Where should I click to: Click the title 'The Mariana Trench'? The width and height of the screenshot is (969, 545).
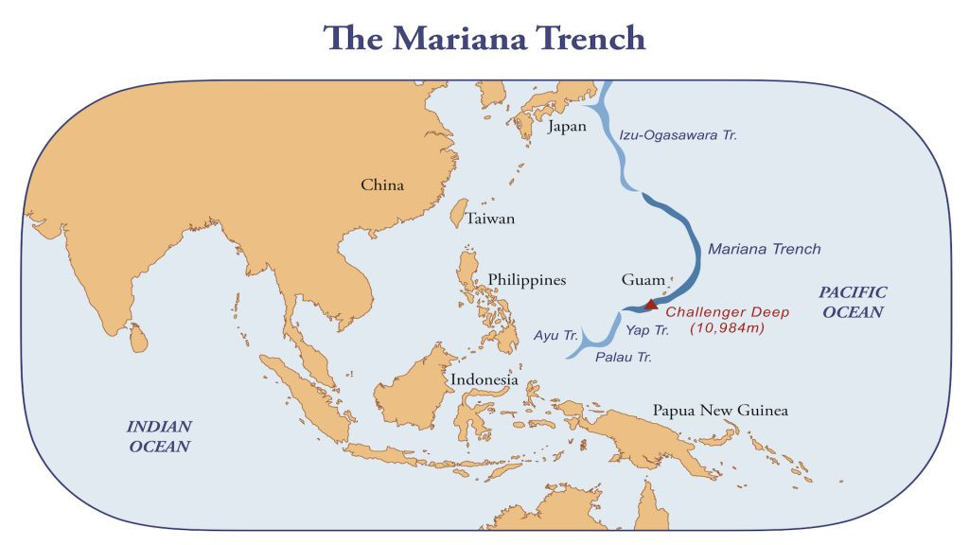tap(484, 37)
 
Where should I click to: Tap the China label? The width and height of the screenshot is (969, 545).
tap(382, 185)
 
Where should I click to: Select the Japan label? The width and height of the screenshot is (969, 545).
tap(566, 126)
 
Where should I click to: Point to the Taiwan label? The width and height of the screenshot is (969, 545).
tap(490, 219)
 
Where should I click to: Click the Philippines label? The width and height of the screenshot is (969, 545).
tap(527, 280)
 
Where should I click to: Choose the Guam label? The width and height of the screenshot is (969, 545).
tap(643, 280)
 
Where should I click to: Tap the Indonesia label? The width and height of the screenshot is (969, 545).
tap(484, 379)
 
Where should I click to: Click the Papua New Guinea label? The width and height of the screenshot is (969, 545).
tap(720, 411)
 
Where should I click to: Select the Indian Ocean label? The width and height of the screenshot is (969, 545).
tap(159, 436)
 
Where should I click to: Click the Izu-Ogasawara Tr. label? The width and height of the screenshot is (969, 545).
tap(678, 135)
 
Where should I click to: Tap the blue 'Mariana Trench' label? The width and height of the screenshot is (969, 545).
tap(764, 249)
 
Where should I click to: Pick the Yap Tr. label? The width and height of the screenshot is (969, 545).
tap(647, 330)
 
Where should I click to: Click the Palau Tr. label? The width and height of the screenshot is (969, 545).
tap(624, 358)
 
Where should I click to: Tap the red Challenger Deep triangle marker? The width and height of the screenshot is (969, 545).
tap(651, 304)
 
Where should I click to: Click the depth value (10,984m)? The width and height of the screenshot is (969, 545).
tap(727, 328)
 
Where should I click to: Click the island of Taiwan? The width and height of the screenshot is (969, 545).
tap(457, 213)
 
